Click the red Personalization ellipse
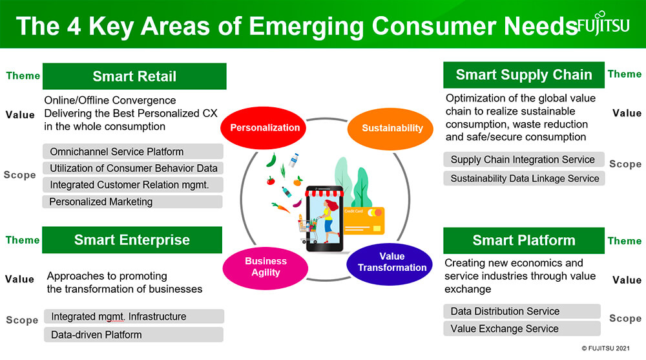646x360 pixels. [264, 128]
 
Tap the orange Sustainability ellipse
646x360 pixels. [391, 129]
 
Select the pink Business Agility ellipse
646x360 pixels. [266, 268]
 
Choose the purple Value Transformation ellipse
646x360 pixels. [390, 264]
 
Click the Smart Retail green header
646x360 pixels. [134, 76]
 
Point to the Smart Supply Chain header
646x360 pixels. [524, 74]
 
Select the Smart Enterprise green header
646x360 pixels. [132, 240]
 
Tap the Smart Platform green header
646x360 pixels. [524, 240]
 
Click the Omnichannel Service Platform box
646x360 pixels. [132, 151]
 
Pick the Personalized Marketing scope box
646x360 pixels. [132, 202]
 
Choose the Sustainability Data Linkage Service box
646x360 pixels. [524, 178]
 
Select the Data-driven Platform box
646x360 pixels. [134, 334]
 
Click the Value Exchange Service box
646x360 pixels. [521, 329]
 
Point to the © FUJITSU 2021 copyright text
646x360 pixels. [606, 348]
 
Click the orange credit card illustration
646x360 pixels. [364, 220]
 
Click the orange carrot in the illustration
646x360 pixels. [281, 207]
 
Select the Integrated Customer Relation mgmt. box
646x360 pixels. [132, 185]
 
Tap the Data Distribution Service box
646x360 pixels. [521, 312]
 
